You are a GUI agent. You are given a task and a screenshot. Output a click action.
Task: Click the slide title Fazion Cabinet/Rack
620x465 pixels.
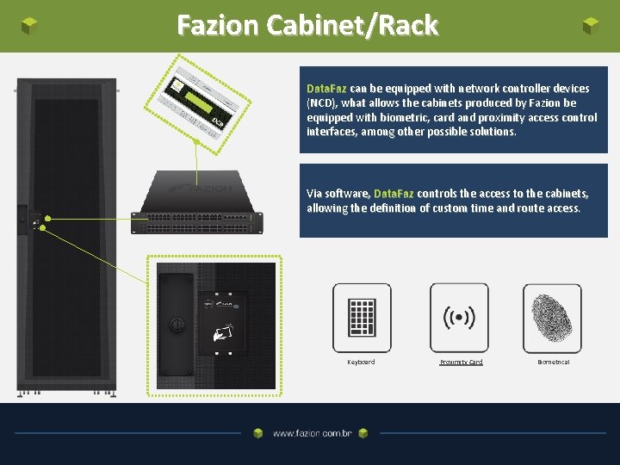(x=307, y=25)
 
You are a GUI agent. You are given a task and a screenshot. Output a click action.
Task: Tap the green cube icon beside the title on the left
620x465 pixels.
(x=30, y=26)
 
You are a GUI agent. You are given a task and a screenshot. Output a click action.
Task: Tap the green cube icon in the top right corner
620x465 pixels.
(x=590, y=26)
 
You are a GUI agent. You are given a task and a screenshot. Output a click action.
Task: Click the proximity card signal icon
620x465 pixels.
(x=459, y=318)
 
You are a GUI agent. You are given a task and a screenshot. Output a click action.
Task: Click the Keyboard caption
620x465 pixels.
(x=361, y=363)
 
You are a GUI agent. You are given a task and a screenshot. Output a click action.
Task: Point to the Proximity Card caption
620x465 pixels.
(x=461, y=363)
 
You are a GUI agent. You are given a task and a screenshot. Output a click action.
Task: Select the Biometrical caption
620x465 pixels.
(x=554, y=363)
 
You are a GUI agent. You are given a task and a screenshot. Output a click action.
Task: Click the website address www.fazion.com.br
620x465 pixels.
(x=312, y=434)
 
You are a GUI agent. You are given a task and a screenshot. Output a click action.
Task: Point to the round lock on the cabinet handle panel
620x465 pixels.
(x=176, y=325)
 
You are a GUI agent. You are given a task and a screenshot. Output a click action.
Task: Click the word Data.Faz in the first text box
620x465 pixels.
(x=326, y=89)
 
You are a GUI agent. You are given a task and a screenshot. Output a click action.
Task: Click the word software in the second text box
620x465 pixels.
(x=351, y=194)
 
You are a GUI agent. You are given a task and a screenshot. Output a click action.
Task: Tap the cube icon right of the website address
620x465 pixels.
(x=363, y=434)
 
